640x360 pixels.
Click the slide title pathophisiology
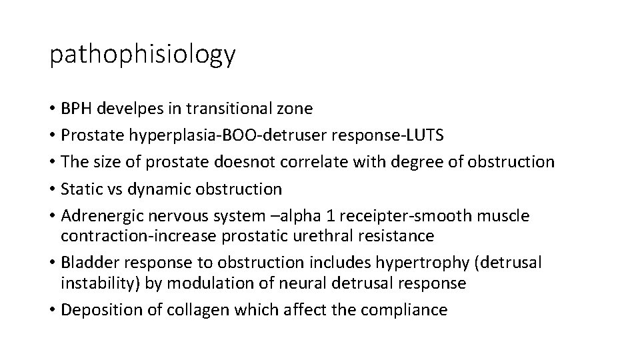coord(142,55)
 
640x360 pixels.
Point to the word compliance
coord(403,309)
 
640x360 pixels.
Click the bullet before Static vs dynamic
coord(53,189)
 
